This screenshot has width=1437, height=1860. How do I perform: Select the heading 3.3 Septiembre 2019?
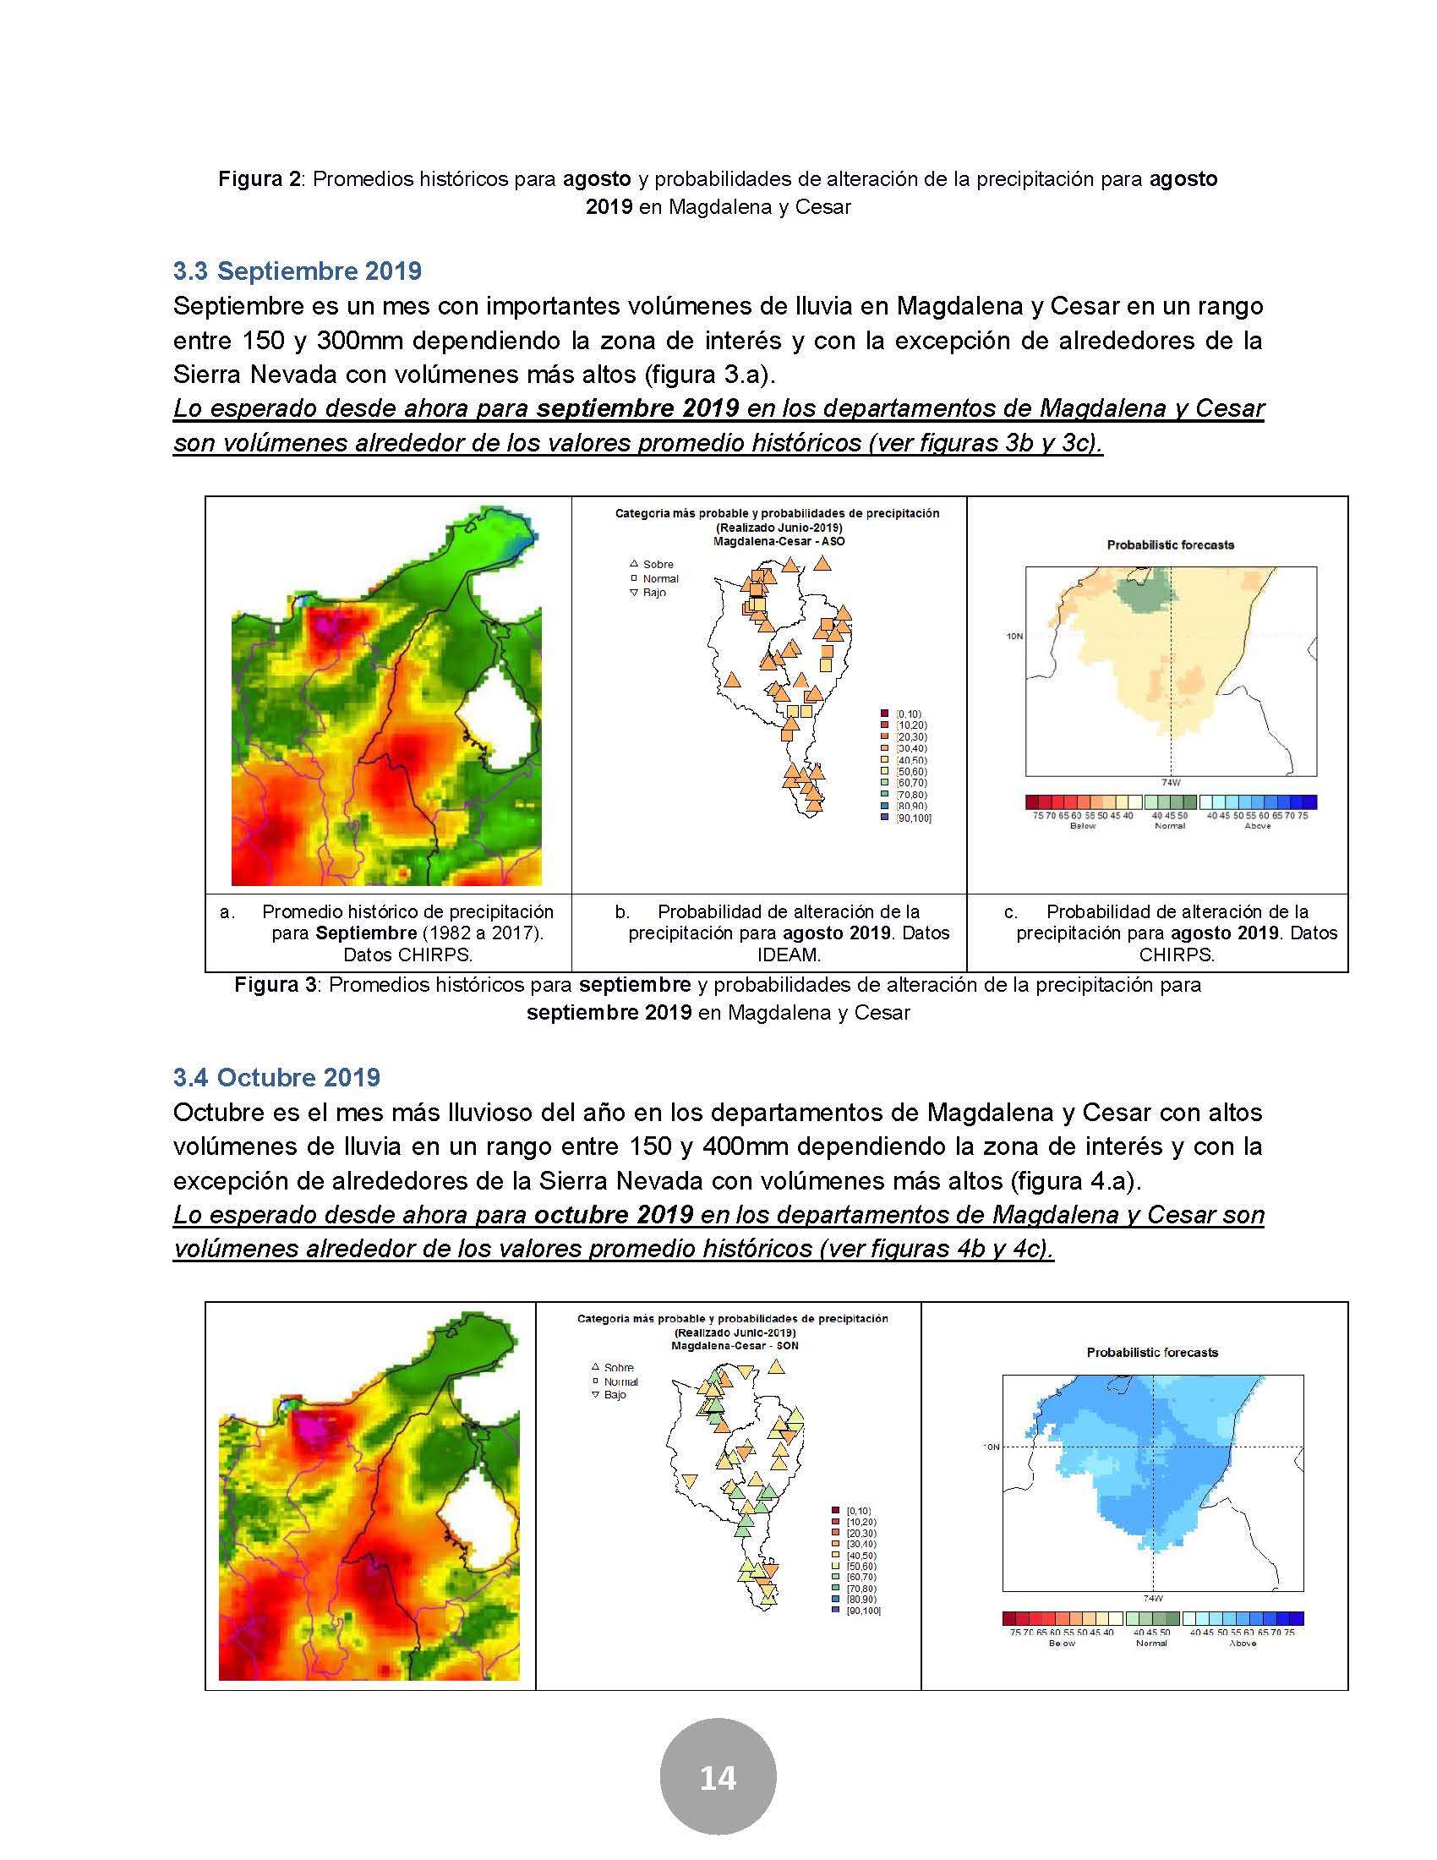click(297, 271)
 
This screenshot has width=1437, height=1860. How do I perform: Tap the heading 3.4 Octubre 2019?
click(276, 1077)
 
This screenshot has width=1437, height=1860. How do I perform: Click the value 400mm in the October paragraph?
click(738, 1146)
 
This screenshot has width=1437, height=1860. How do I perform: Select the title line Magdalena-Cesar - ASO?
click(778, 541)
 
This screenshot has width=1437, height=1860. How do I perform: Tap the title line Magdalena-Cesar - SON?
click(735, 1347)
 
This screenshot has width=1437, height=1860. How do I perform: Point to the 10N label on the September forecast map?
click(1014, 635)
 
